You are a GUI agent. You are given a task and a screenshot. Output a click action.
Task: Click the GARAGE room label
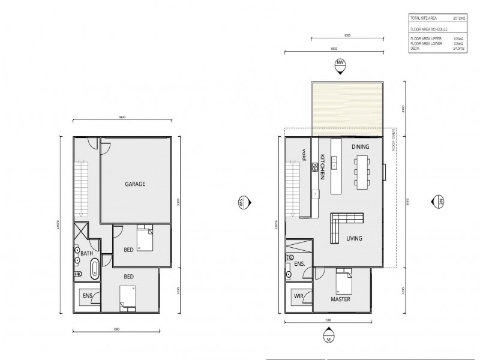coord(135,184)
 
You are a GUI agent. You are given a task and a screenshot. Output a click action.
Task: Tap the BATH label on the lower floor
coord(86,253)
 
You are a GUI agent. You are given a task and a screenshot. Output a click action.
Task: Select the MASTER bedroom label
coord(340,298)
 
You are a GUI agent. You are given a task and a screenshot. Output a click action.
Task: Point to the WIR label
coord(298,296)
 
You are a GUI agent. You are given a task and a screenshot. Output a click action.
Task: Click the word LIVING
coord(354,238)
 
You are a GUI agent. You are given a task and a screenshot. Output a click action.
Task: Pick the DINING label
coord(360,146)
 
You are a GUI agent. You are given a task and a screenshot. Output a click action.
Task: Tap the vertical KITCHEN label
coord(322,166)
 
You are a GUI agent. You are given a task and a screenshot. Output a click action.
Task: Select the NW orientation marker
coord(341,64)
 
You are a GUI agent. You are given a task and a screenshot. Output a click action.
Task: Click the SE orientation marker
coord(328,340)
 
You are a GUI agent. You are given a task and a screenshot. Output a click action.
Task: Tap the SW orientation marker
coord(243,202)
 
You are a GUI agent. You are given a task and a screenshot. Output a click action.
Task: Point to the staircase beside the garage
coord(81,186)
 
